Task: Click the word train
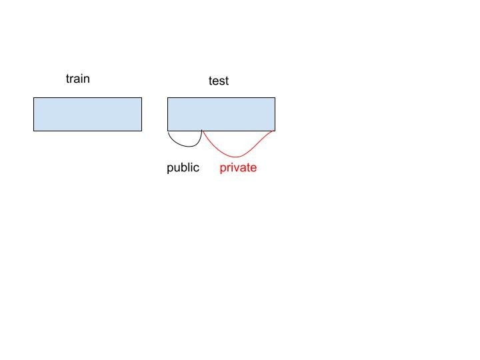point(77,79)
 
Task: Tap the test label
point(218,81)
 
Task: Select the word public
point(183,167)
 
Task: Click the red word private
point(238,167)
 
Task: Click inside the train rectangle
point(87,114)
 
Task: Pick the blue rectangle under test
point(221,114)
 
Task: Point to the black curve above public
point(185,145)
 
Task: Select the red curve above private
point(237,156)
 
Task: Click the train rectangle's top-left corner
point(34,98)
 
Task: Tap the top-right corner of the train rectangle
point(141,98)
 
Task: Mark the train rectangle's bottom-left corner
point(34,131)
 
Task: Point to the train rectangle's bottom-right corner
point(141,131)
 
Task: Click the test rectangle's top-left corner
point(167,98)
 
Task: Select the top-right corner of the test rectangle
point(275,98)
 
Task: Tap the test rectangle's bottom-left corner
point(167,131)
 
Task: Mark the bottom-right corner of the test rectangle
point(275,131)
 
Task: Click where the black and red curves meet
point(202,131)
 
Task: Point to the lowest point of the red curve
point(237,157)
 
